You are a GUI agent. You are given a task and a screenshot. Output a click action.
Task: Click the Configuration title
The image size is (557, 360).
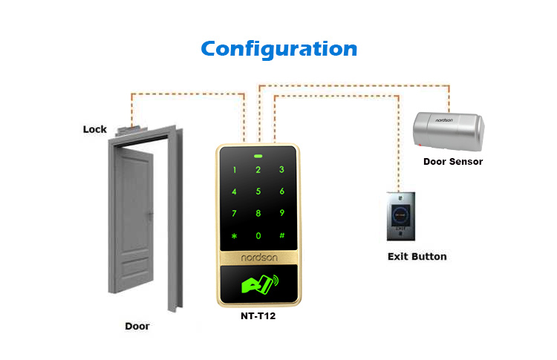279,49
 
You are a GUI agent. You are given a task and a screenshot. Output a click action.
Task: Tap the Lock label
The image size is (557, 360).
94,129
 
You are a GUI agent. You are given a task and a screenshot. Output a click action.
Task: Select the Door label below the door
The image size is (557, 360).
136,325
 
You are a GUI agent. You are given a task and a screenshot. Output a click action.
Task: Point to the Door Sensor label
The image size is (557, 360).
453,161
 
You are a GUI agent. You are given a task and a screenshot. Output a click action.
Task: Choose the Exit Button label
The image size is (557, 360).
417,257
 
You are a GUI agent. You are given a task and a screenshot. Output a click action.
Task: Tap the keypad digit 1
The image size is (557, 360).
235,170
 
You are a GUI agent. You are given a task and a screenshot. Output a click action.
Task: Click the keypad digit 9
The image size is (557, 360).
281,213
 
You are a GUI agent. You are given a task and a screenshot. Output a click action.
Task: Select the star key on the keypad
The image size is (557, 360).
235,235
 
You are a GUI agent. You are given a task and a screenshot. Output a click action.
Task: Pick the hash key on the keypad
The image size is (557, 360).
281,235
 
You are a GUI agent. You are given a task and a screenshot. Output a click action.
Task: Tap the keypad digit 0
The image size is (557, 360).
258,235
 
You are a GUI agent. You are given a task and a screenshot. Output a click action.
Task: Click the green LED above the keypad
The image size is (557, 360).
258,157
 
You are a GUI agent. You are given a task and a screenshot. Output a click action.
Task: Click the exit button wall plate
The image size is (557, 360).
403,216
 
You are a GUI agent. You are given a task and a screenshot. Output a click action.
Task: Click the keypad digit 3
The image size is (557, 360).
281,170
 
